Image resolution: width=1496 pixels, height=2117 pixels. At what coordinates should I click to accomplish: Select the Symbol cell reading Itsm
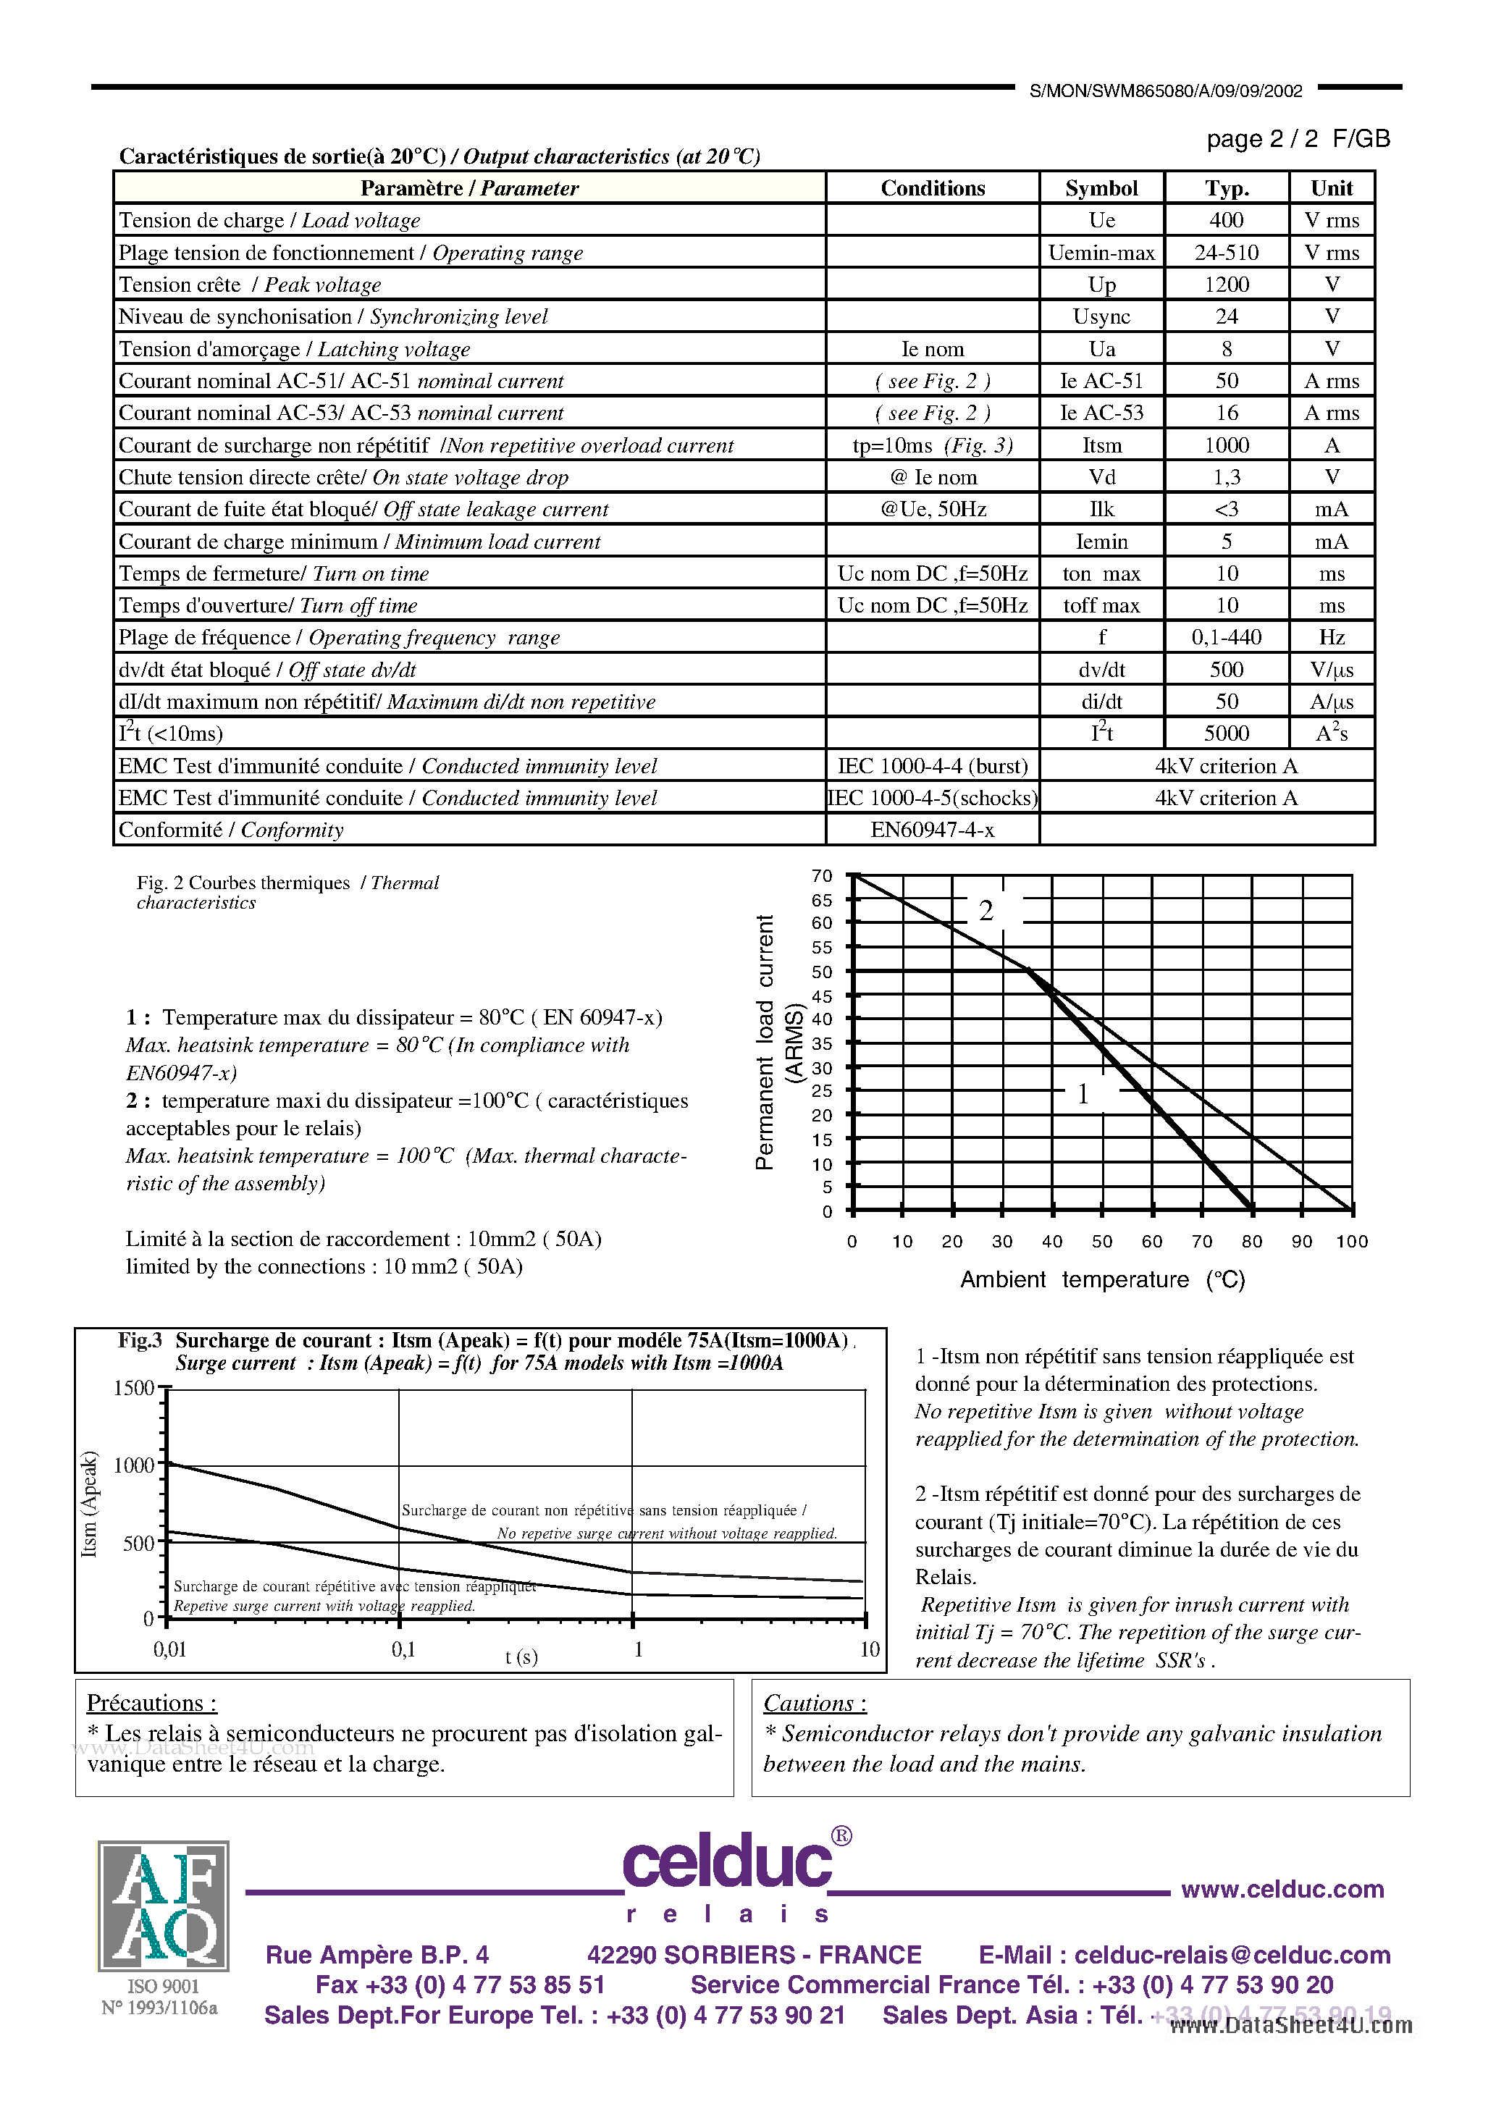(1101, 445)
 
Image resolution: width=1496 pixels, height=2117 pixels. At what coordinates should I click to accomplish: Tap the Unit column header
(1331, 188)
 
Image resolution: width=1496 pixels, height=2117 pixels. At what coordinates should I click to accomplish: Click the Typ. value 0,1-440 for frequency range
(1226, 637)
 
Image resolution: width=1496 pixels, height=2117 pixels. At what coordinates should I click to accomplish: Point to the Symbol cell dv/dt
(1101, 670)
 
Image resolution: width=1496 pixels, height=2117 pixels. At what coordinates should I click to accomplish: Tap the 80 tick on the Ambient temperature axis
(1251, 1241)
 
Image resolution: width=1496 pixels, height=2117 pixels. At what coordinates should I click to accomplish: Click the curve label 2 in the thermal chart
(986, 911)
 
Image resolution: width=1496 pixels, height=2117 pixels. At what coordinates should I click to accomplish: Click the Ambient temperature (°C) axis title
(1102, 1280)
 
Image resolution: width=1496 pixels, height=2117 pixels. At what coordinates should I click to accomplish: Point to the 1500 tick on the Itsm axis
(134, 1388)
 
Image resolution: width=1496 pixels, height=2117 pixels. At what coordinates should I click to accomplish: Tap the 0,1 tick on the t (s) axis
(403, 1649)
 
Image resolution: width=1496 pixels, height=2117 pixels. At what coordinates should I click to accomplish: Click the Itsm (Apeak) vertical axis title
(90, 1504)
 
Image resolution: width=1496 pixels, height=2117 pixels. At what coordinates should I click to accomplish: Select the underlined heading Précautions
(151, 1702)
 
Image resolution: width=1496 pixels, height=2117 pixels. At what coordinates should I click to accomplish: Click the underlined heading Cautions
(815, 1702)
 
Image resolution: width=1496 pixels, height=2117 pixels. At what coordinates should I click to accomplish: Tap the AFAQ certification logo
(163, 1905)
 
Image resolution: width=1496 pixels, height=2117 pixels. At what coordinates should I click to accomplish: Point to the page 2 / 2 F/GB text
(1298, 139)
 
